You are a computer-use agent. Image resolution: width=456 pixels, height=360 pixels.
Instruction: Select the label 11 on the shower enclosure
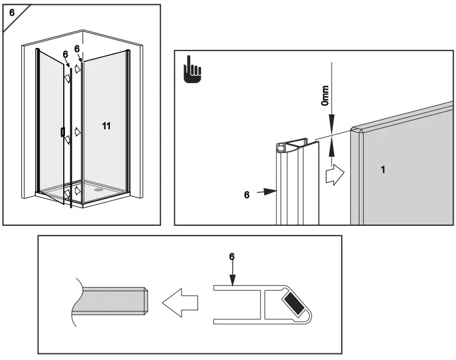[106, 126]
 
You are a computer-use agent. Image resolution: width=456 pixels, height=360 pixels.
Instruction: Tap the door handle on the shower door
[63, 132]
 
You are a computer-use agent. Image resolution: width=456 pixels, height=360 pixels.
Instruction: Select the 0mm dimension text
[325, 95]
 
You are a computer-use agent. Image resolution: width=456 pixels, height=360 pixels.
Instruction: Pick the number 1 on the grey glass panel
[383, 170]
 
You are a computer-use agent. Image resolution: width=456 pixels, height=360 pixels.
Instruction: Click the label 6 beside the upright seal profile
[246, 195]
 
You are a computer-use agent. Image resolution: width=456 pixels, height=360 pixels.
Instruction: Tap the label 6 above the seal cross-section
[231, 257]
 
